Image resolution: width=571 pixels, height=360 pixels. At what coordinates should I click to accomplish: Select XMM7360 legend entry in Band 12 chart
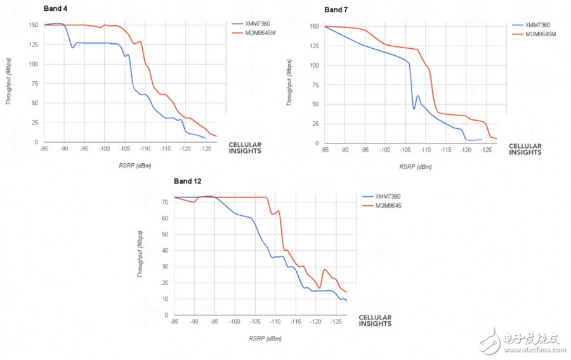pos(387,197)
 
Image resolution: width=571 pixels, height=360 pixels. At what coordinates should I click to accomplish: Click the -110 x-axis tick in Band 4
pos(145,149)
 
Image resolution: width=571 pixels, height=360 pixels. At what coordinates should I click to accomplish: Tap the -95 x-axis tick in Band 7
pos(365,150)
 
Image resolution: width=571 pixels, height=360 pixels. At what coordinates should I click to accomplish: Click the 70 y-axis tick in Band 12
pos(164,202)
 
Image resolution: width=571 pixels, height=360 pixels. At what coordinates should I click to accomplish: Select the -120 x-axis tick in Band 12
pos(315,322)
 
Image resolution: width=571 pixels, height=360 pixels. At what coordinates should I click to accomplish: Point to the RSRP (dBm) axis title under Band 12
pos(265,339)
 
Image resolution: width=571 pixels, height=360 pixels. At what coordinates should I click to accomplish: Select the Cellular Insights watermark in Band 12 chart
pos(375,321)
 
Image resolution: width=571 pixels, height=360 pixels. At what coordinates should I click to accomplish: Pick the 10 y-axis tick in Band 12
pos(164,298)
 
